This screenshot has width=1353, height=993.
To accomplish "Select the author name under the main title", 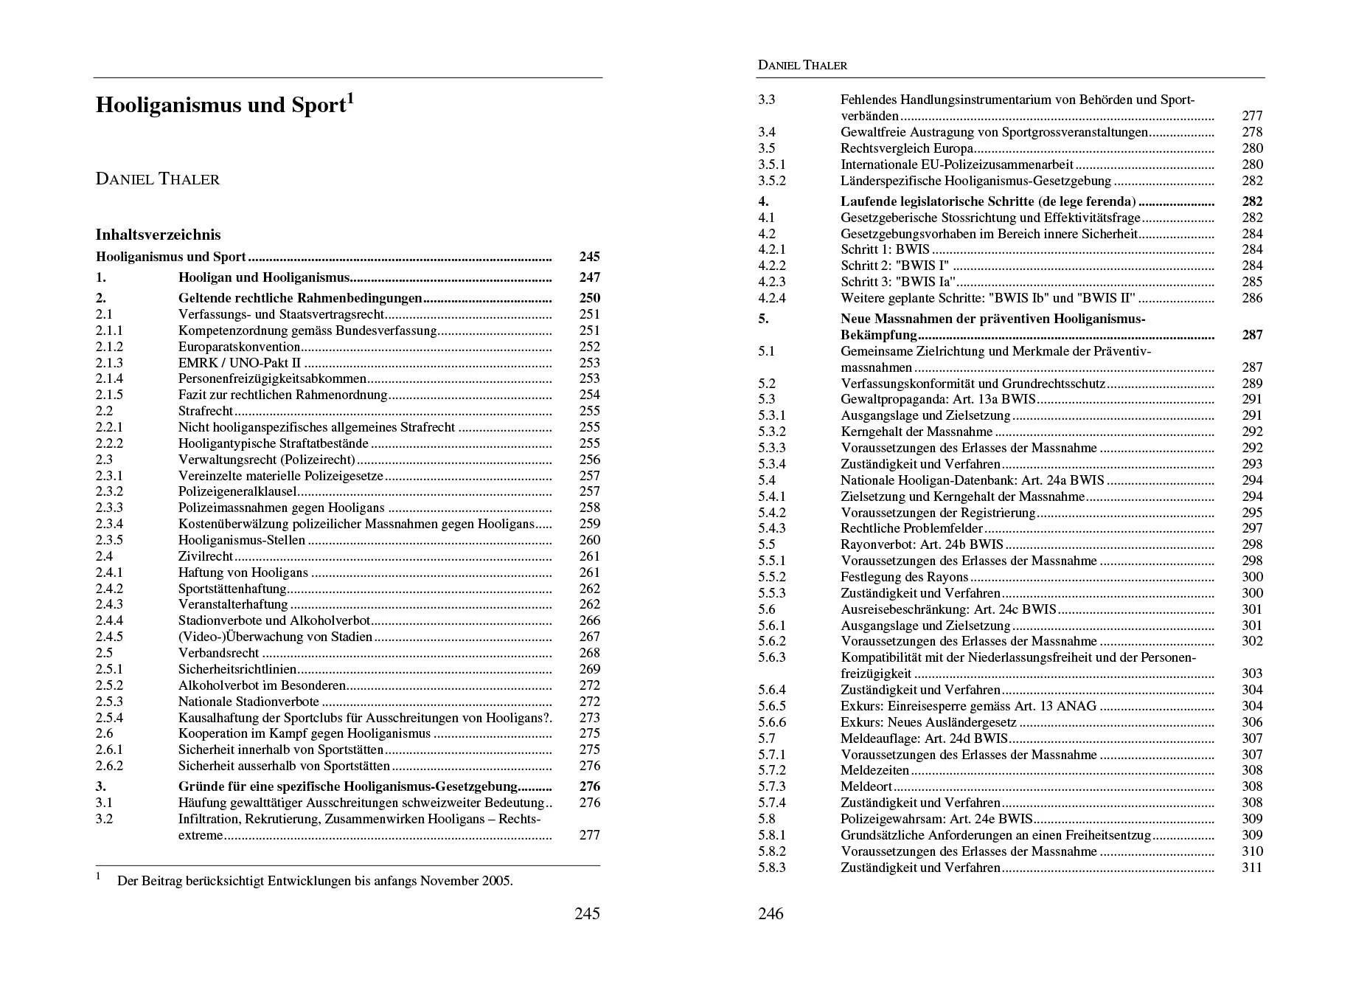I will click(x=158, y=179).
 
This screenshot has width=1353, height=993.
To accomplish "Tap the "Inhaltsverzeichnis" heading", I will click(x=158, y=235).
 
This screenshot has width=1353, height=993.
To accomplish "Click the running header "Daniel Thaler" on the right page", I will click(x=802, y=65).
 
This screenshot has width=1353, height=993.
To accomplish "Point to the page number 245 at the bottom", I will click(x=587, y=913).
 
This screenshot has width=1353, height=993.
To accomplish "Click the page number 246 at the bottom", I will click(x=771, y=913).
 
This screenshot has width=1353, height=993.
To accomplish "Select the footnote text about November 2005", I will click(x=315, y=881).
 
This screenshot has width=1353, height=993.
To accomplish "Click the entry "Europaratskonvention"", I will click(x=239, y=347).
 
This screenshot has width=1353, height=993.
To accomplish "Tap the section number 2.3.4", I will click(x=109, y=524).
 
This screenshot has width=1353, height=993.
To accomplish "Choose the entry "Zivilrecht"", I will click(x=205, y=556).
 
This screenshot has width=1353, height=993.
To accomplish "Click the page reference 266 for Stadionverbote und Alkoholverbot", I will click(x=589, y=620).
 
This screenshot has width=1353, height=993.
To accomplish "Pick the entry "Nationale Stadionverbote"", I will click(x=248, y=702).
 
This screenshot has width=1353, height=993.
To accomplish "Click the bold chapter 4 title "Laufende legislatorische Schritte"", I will click(x=987, y=201).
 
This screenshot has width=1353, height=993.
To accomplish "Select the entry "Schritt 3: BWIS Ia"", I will click(x=897, y=282).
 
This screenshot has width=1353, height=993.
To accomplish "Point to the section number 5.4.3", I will click(x=771, y=528).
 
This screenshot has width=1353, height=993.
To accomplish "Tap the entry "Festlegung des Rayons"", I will click(x=904, y=577).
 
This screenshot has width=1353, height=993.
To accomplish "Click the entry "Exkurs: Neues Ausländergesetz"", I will click(x=928, y=722).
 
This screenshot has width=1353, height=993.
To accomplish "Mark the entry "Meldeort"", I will click(x=866, y=786).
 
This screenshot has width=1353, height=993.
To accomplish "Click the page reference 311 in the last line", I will click(x=1251, y=868).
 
